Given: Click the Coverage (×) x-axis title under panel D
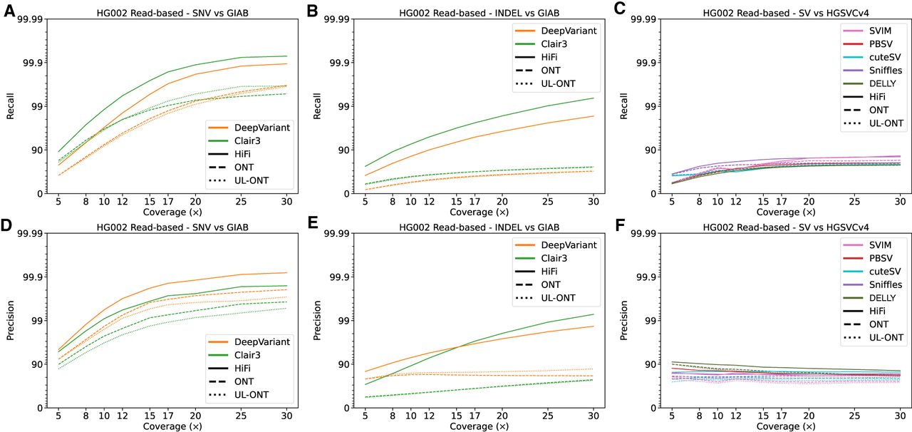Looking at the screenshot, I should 169,427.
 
